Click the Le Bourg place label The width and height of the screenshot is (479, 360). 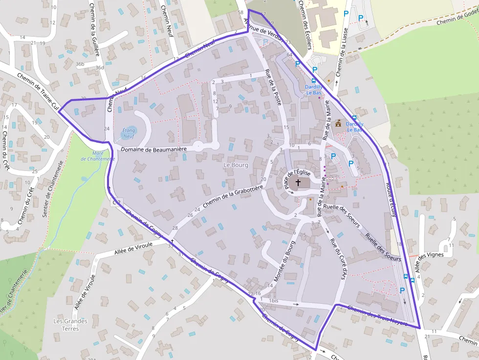[236, 165]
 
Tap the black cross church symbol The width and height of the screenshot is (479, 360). [298, 182]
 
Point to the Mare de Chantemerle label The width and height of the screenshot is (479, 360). [104, 156]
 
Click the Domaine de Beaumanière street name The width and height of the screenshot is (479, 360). [154, 149]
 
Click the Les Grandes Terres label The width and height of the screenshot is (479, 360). [70, 325]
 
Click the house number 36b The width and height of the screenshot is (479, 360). [80, 64]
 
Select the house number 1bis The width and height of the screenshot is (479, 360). [273, 300]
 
